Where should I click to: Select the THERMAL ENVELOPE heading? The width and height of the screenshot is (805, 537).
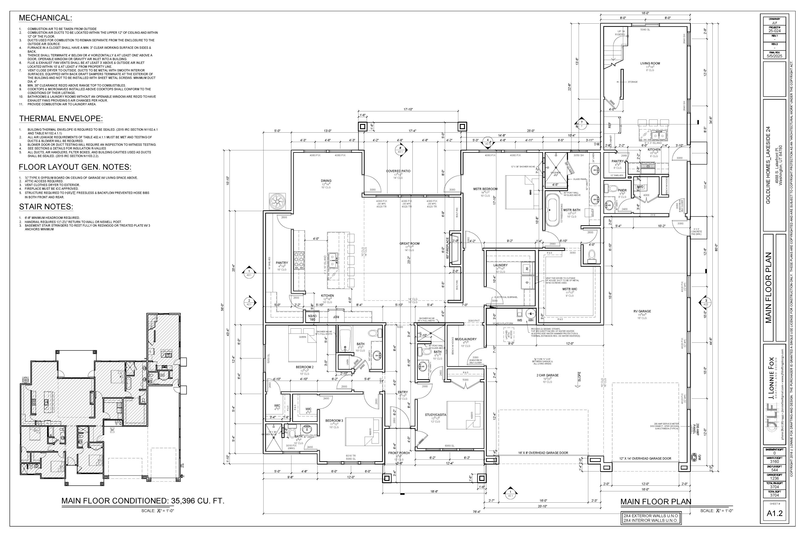pyautogui.click(x=61, y=118)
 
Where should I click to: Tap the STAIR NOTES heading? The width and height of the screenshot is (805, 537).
pyautogui.click(x=46, y=206)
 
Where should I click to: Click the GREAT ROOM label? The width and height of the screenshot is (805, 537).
pyautogui.click(x=409, y=244)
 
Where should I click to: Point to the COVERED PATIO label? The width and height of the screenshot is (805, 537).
pyautogui.click(x=398, y=171)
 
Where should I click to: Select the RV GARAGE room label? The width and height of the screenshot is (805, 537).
pyautogui.click(x=642, y=311)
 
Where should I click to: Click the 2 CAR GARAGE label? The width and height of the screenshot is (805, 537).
pyautogui.click(x=547, y=375)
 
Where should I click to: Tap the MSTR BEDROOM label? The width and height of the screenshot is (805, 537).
pyautogui.click(x=485, y=189)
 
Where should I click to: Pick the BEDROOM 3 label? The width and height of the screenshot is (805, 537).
pyautogui.click(x=334, y=420)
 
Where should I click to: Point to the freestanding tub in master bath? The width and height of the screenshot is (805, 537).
pyautogui.click(x=551, y=210)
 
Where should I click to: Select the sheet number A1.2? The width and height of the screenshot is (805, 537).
pyautogui.click(x=774, y=513)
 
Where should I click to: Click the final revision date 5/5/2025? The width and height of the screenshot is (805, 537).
pyautogui.click(x=774, y=56)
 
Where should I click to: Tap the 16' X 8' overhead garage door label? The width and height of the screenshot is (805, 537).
pyautogui.click(x=543, y=453)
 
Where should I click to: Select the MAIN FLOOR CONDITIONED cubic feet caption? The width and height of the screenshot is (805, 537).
pyautogui.click(x=143, y=501)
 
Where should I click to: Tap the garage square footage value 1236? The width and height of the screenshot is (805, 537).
pyautogui.click(x=774, y=478)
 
